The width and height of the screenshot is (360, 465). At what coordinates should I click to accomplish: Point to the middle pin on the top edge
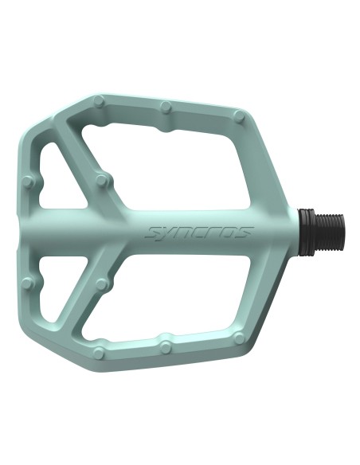pos(166,106)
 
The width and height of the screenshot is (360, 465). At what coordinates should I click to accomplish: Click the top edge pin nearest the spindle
pos(239,115)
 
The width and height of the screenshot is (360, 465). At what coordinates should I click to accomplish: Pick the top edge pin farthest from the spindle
pos(98,101)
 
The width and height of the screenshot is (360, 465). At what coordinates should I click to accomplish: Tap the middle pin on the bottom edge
pos(166,346)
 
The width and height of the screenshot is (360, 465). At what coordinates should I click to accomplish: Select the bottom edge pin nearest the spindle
pos(238,337)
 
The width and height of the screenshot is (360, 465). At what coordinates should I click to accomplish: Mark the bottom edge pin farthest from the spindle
pos(99,353)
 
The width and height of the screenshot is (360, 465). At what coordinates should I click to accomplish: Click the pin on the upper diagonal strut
pos(101,180)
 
